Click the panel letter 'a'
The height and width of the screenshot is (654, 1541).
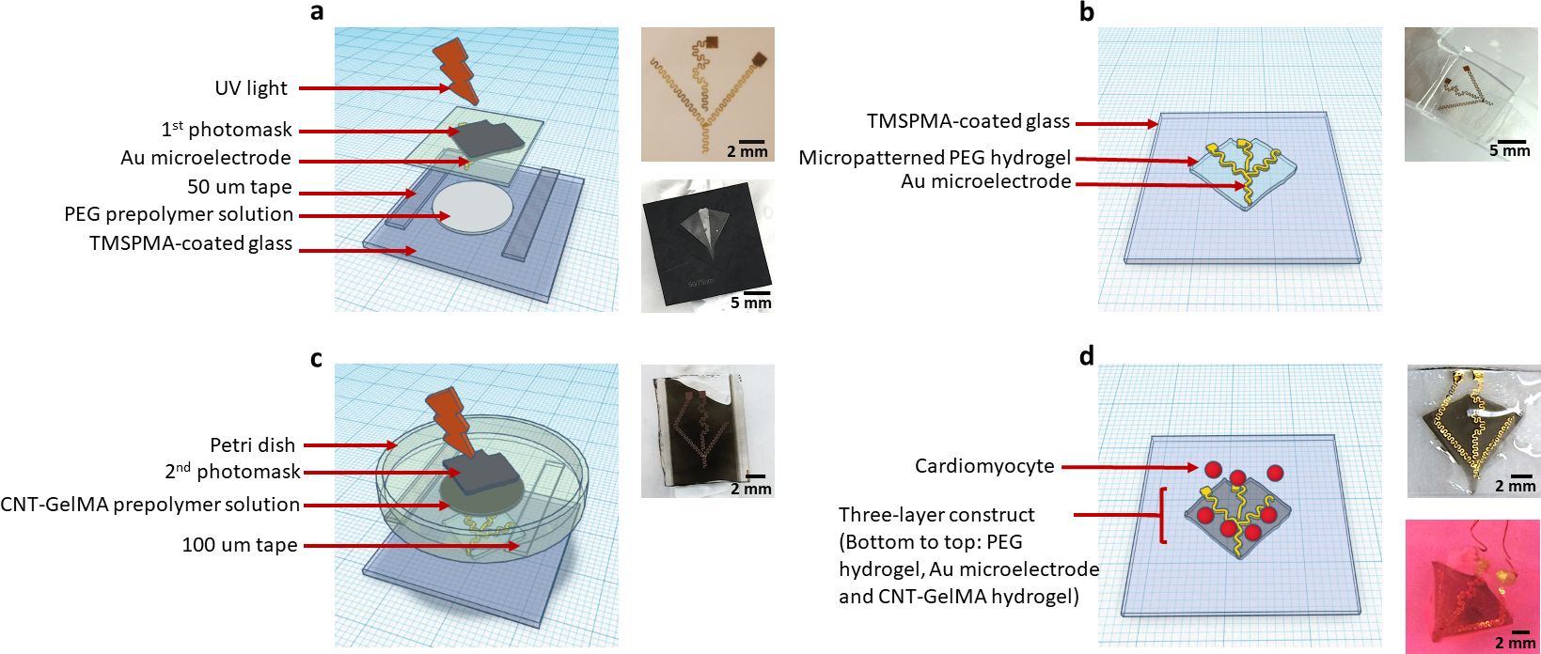click(x=317, y=12)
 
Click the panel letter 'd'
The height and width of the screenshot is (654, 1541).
click(x=1087, y=356)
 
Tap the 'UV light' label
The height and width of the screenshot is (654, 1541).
click(x=250, y=88)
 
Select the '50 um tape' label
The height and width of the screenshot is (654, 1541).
click(x=239, y=187)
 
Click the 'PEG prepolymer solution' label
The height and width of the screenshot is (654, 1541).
click(x=179, y=214)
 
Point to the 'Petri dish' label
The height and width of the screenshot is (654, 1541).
click(x=252, y=444)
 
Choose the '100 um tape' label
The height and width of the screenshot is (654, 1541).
click(x=239, y=545)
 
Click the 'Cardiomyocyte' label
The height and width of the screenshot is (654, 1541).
click(x=984, y=466)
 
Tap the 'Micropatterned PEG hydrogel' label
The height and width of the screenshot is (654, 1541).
click(x=935, y=158)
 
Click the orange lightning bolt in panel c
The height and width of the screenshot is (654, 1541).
click(x=450, y=421)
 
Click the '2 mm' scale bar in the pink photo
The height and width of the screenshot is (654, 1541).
click(x=1516, y=642)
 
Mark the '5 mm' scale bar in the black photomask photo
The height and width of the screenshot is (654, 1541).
click(x=751, y=302)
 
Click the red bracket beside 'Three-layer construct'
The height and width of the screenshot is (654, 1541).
click(x=1164, y=515)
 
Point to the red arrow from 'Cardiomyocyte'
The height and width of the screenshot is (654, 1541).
click(x=1128, y=467)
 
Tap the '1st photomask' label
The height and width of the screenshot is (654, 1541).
click(x=227, y=130)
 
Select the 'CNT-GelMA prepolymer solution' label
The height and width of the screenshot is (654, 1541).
click(x=150, y=505)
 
